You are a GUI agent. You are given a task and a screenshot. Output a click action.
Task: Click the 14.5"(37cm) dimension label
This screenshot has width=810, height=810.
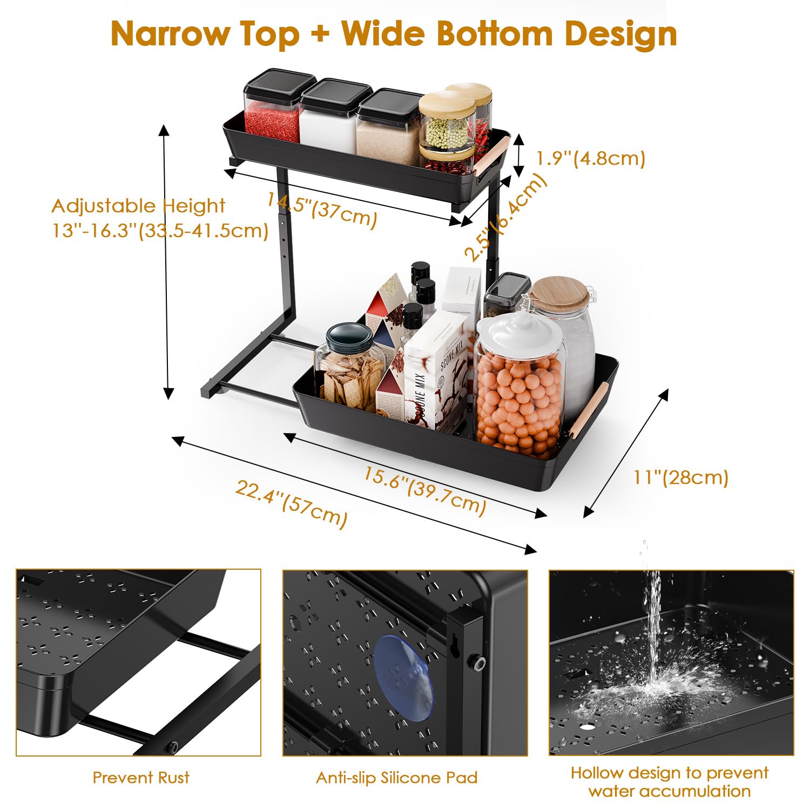click(x=322, y=209)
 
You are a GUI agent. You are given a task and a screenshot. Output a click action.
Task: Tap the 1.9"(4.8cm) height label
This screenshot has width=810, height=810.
click(x=591, y=158)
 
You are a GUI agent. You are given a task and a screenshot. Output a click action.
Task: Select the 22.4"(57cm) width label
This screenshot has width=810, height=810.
click(x=292, y=503)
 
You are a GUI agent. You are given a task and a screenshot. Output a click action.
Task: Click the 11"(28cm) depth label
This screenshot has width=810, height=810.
click(x=681, y=477)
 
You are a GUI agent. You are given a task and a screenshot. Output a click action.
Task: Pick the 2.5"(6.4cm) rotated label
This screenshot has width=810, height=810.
click(x=506, y=218)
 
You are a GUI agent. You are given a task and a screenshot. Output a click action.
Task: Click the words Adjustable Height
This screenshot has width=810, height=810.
click(x=138, y=206)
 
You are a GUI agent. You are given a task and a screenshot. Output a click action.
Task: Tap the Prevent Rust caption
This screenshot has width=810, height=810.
click(x=141, y=778)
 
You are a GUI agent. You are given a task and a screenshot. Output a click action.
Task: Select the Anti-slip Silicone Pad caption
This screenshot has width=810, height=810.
click(x=397, y=778)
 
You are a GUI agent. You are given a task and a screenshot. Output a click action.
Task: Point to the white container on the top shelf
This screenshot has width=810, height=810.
click(x=327, y=114)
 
